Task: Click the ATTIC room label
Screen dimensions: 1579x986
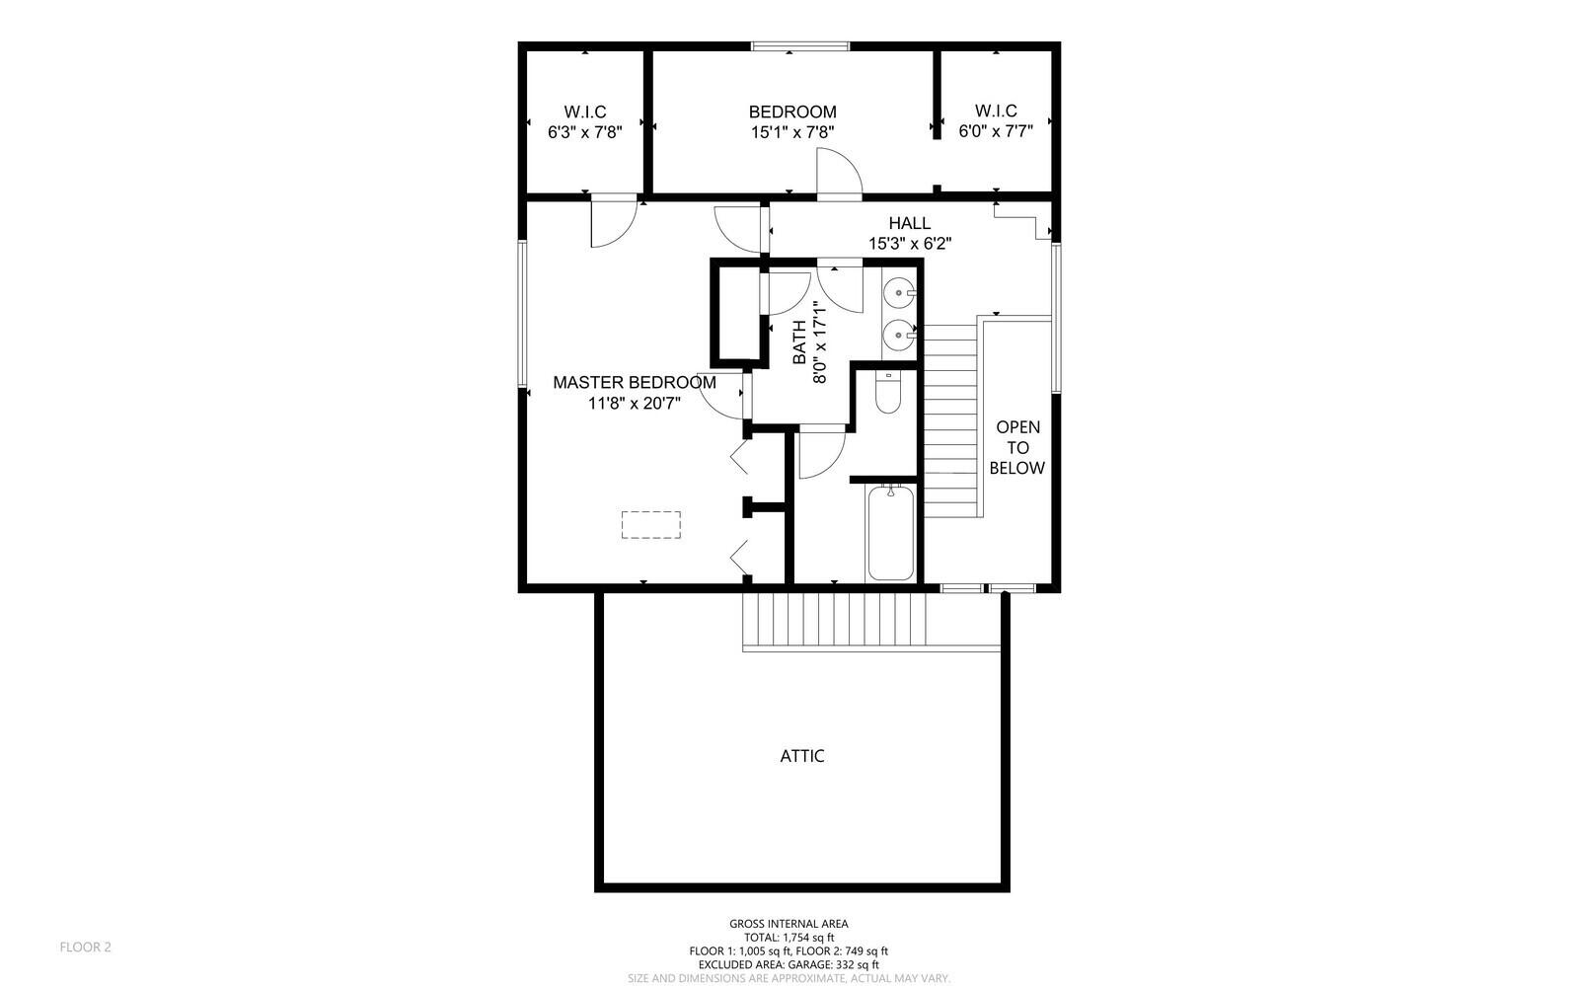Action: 801,756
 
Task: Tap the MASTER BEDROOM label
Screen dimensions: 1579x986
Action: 634,383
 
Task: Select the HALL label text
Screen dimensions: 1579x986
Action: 909,223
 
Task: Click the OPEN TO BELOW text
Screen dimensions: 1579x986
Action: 1017,447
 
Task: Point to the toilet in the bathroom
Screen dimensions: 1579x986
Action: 888,393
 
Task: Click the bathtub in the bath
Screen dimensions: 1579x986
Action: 891,532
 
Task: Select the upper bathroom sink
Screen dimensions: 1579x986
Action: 900,290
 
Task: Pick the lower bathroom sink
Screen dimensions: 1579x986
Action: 900,333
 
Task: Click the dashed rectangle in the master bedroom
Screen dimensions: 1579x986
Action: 650,525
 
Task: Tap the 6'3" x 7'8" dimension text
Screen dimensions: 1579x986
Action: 585,132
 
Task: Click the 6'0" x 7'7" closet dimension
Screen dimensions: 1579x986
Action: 996,131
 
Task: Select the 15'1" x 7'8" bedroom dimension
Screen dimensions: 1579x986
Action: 792,132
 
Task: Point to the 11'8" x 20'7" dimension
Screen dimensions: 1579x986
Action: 634,403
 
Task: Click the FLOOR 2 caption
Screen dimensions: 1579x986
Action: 85,948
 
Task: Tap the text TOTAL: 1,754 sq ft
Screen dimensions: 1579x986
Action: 789,938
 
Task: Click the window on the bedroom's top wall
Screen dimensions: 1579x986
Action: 800,46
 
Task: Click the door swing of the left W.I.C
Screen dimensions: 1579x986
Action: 614,224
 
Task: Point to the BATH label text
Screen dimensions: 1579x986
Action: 799,342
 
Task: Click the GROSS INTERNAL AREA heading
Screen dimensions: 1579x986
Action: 789,924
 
